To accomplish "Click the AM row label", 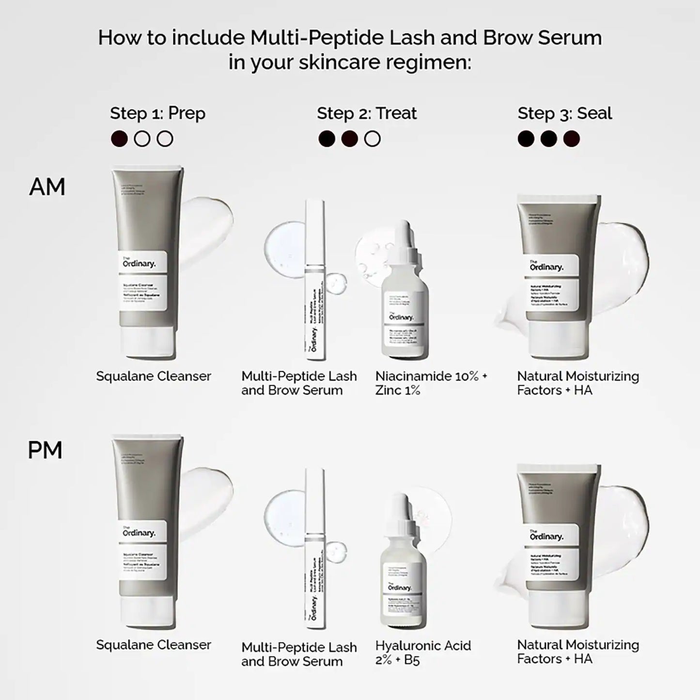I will [47, 187].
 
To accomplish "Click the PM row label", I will [45, 451].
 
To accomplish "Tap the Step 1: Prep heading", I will [157, 113].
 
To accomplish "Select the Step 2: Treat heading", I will [367, 113].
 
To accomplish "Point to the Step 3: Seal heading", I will [564, 113].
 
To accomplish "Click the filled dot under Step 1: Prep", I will [119, 139].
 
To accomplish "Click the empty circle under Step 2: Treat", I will [372, 139].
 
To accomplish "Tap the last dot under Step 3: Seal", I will [572, 139].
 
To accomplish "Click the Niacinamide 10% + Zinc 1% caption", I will [431, 383].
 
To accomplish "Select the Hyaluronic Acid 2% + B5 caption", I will [423, 652].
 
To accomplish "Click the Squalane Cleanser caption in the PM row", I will [154, 645].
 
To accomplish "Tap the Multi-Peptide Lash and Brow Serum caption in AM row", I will [299, 383].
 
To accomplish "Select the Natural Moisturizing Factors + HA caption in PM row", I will [577, 652].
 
